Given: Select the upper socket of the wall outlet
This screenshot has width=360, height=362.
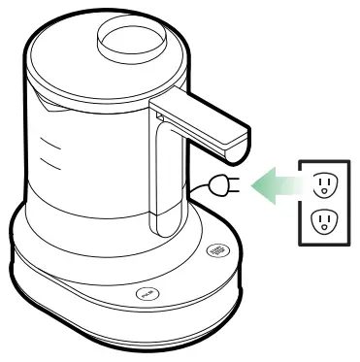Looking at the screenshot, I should click(x=324, y=182).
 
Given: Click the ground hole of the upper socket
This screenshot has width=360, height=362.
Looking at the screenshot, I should click(x=324, y=189).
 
